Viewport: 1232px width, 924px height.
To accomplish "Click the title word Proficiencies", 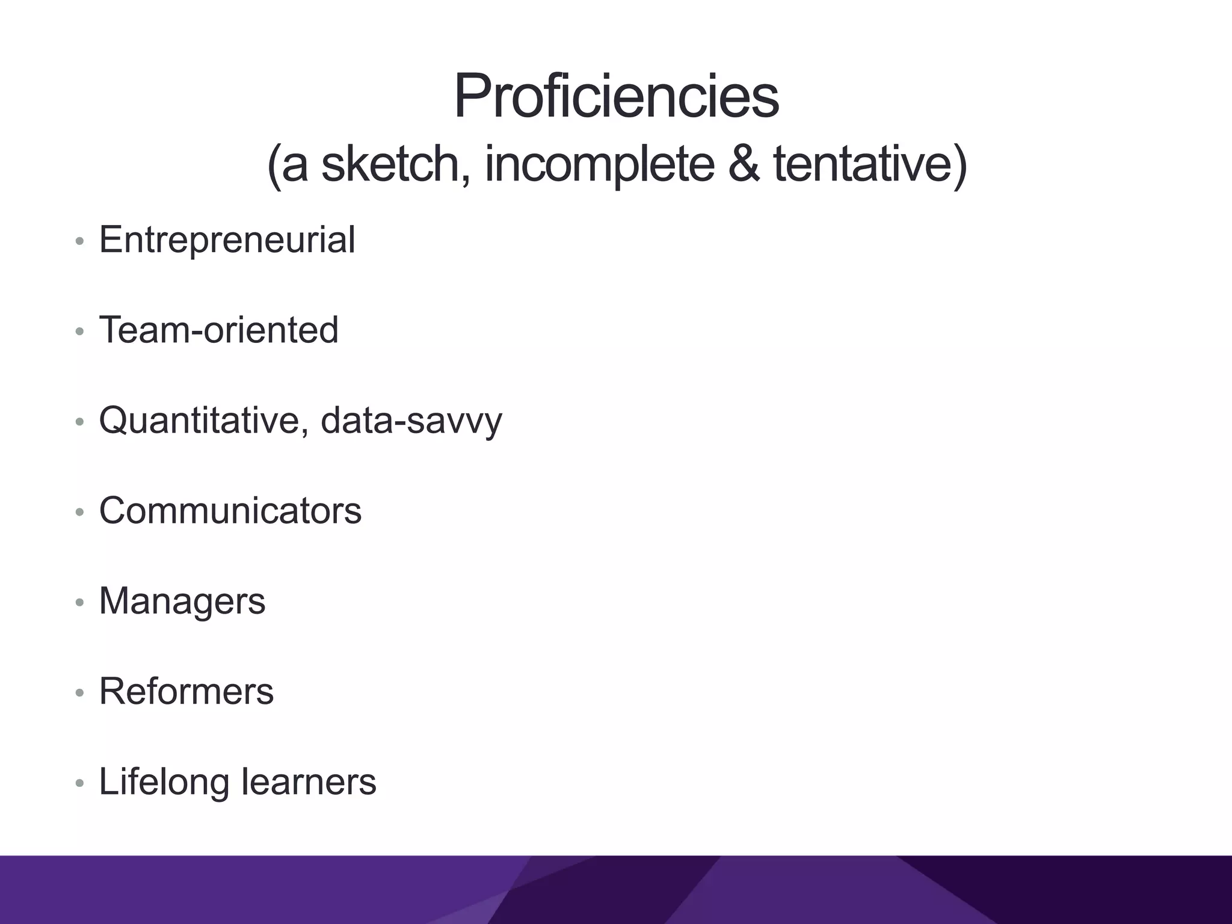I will [616, 96].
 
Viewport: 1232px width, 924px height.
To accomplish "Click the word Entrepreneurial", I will [227, 239].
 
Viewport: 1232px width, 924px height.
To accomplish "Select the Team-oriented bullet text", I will [218, 330].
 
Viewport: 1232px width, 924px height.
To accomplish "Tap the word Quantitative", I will [204, 420].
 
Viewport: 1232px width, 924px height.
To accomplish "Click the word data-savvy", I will [411, 420].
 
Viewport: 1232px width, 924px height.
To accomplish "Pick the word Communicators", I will [230, 510].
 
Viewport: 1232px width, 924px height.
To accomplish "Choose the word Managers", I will [182, 600].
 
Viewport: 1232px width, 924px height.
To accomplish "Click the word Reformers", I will [186, 691].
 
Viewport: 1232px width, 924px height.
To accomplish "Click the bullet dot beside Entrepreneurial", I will [79, 242].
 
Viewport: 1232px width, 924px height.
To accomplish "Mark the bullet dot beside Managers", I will [79, 603].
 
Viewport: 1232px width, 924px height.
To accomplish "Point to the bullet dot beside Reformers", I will [79, 693].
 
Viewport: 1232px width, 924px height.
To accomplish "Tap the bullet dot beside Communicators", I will [79, 513].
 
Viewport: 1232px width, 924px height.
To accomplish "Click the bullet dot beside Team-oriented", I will [79, 332].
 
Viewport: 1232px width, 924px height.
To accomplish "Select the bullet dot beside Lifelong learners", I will [79, 783].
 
